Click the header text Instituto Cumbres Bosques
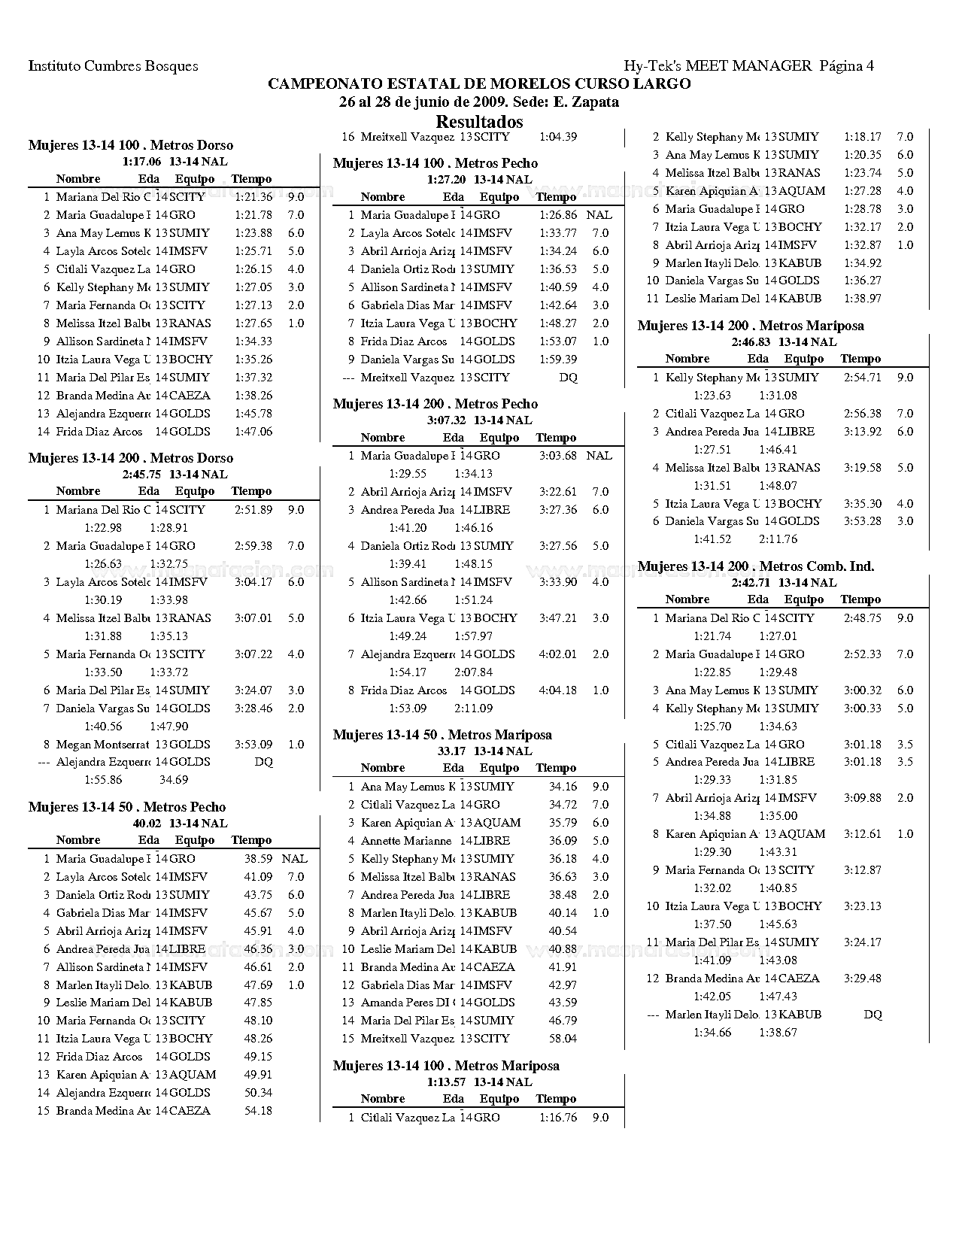click(x=114, y=66)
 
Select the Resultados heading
click(x=479, y=122)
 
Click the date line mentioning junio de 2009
click(x=479, y=102)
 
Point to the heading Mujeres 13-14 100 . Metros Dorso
click(x=131, y=145)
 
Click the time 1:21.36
click(x=253, y=197)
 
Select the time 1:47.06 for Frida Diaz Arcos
click(x=253, y=432)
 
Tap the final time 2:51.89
click(x=253, y=510)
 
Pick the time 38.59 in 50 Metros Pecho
click(x=258, y=859)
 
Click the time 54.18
click(x=258, y=1111)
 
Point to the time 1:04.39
click(x=558, y=137)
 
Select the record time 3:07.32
click(x=446, y=420)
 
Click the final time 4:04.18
click(x=558, y=690)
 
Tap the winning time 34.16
click(x=563, y=787)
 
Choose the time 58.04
click(x=563, y=1039)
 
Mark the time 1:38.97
click(x=863, y=299)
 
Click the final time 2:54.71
click(x=863, y=378)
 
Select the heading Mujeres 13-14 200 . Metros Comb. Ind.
click(x=755, y=566)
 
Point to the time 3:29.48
click(x=863, y=979)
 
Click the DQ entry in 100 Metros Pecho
click(x=568, y=378)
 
